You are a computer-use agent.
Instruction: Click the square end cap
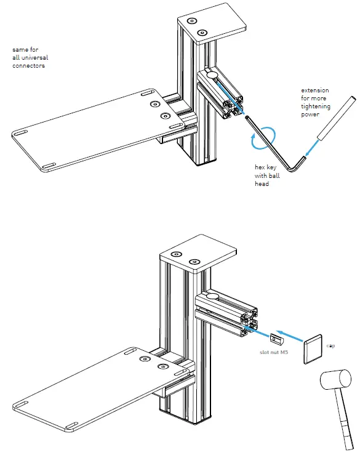point(314,349)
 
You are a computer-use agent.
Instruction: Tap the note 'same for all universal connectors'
point(32,57)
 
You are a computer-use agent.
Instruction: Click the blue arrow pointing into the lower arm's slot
point(259,333)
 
